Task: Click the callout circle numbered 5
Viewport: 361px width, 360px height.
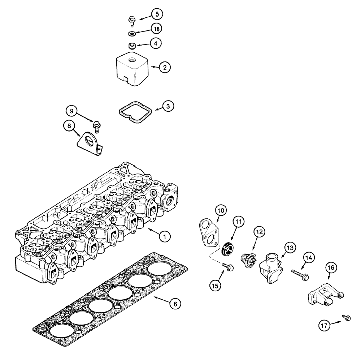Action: tap(157, 14)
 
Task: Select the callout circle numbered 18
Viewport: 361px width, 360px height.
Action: tap(157, 28)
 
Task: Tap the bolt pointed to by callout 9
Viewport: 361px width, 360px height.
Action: tap(96, 125)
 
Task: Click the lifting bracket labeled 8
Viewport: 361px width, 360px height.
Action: tap(89, 143)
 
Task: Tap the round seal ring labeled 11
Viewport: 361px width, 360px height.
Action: tap(228, 248)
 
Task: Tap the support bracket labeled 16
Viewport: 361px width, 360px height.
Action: tap(323, 296)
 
